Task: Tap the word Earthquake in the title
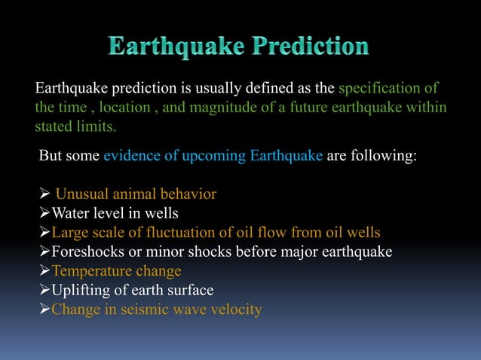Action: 173,47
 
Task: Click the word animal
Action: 130,194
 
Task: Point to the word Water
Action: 69,213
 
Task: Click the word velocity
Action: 235,310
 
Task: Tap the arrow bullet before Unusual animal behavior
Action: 44,194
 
